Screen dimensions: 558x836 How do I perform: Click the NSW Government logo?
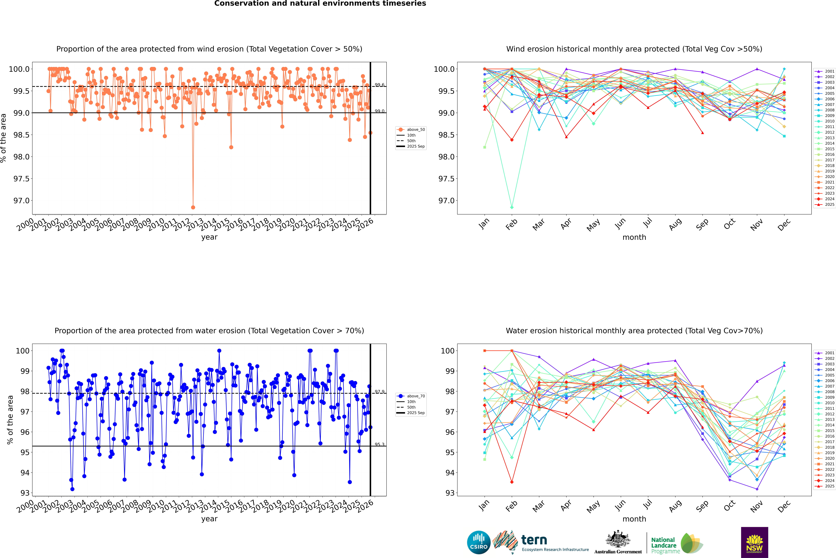(754, 542)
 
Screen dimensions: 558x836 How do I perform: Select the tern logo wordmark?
(534, 540)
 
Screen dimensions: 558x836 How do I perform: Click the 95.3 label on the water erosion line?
(379, 445)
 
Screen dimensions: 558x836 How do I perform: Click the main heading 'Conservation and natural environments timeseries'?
(320, 4)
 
